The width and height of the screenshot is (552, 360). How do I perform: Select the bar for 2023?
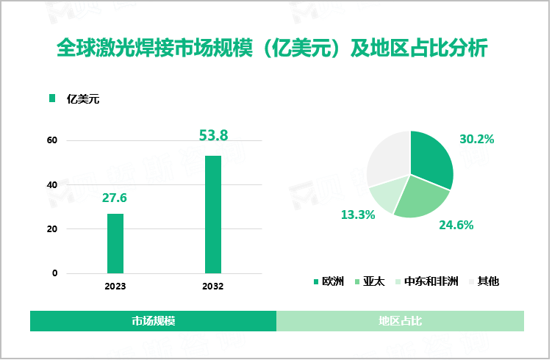tap(115, 243)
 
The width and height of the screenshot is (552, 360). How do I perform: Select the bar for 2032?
tap(213, 214)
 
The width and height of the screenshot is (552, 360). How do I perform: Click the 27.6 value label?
tap(115, 198)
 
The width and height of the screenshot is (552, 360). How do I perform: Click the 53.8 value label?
tap(214, 135)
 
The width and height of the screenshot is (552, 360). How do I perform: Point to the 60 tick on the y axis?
tap(52, 140)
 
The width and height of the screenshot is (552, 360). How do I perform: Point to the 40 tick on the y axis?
tap(52, 185)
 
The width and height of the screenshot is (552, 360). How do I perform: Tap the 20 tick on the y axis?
tap(52, 229)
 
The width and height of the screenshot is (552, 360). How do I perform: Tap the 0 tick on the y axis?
tap(54, 273)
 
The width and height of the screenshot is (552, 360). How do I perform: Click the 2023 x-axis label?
tap(115, 286)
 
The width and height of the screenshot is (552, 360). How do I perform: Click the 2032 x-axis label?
tap(213, 286)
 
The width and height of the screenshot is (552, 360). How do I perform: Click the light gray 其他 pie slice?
tap(388, 156)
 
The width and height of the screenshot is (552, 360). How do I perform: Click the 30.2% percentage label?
tap(476, 139)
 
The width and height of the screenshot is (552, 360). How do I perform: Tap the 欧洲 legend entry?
tap(329, 281)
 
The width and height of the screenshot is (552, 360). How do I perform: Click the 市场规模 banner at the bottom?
tap(153, 321)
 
